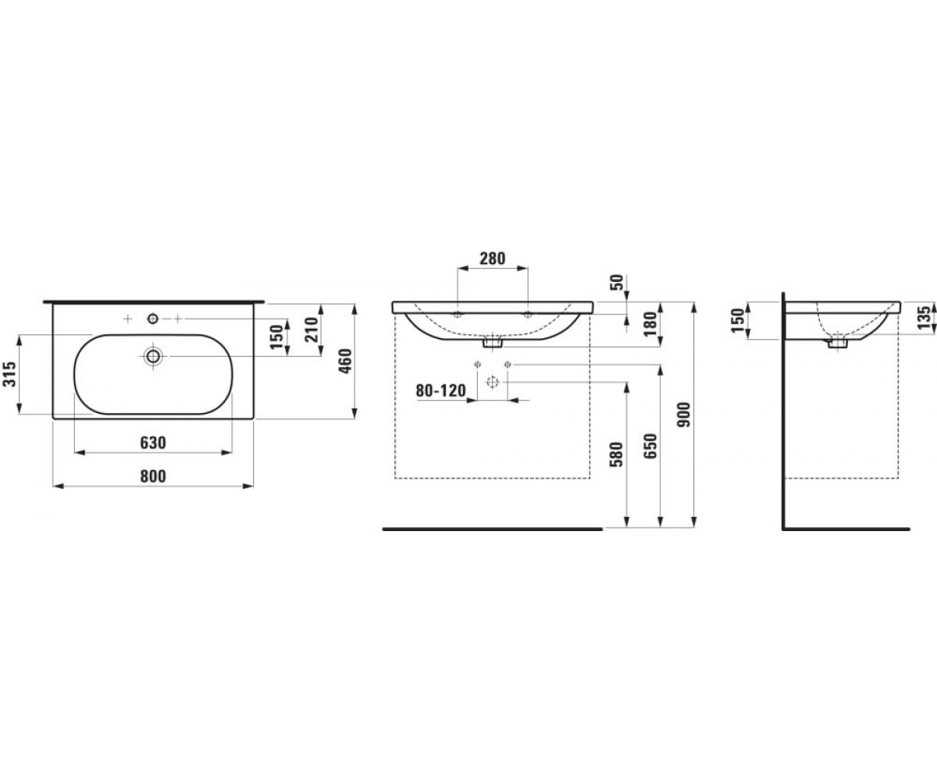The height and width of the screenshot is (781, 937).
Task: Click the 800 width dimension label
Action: (x=153, y=476)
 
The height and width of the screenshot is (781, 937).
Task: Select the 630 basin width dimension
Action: (x=153, y=443)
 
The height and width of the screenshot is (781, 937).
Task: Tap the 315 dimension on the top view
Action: (x=9, y=373)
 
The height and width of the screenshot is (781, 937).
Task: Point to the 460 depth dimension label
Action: (x=345, y=361)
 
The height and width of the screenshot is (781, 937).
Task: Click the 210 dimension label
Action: (x=311, y=330)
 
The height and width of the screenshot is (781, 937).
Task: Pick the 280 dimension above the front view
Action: (x=492, y=259)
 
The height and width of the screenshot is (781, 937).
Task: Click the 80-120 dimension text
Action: (x=440, y=390)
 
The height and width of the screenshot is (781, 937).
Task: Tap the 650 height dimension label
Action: (x=651, y=446)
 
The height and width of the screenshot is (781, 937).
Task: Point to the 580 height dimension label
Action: (x=618, y=455)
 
